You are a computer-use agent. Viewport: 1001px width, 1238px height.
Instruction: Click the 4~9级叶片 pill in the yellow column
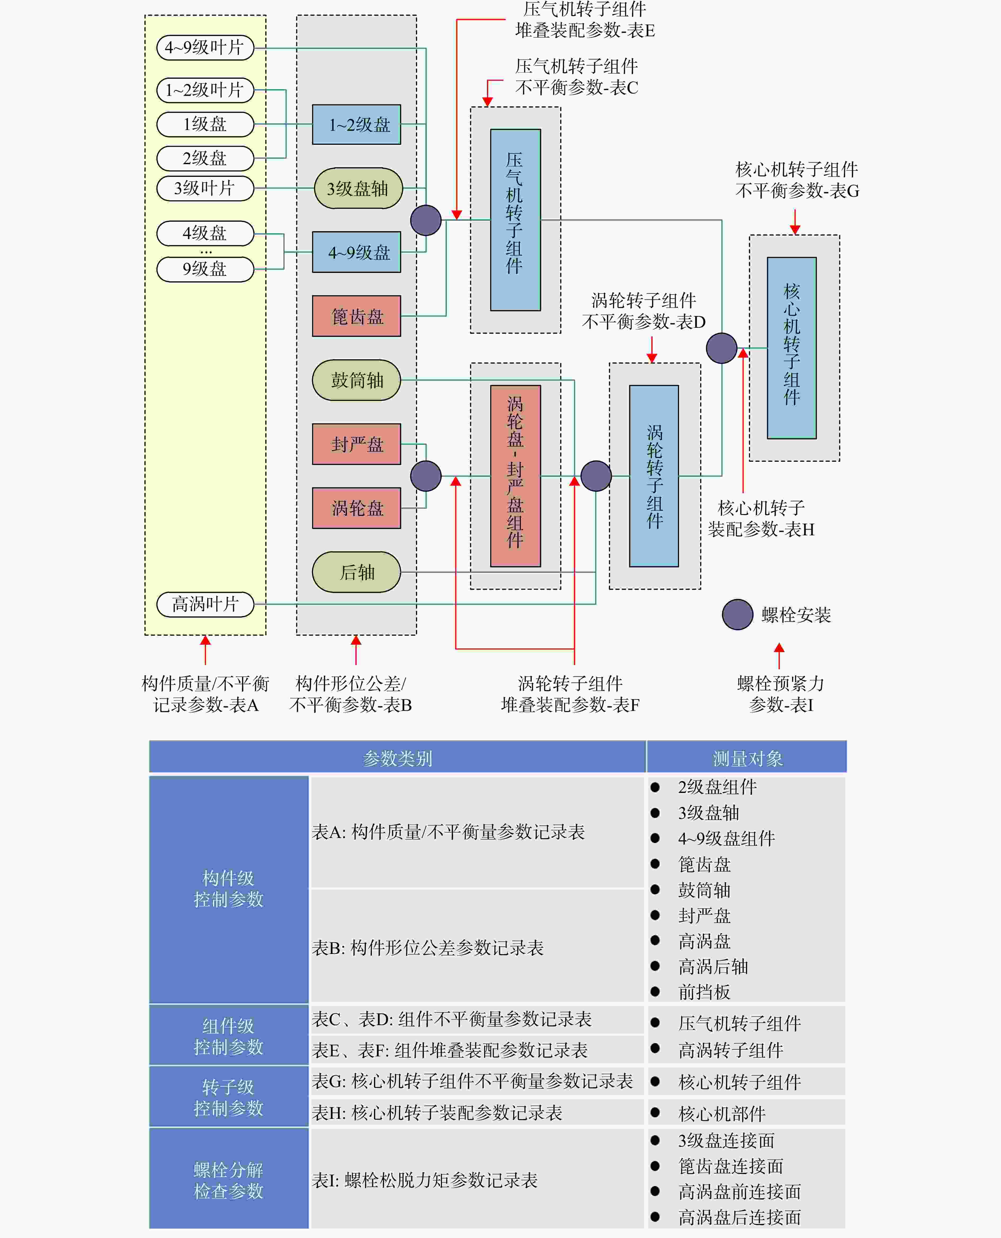pos(205,47)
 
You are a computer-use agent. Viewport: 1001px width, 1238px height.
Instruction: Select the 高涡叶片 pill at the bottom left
pos(205,604)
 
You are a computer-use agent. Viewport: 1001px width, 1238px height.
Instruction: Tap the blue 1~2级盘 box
pos(356,124)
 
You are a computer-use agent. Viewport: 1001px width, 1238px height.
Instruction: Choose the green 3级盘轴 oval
pos(358,189)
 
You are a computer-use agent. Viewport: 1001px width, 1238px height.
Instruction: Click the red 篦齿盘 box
pos(356,316)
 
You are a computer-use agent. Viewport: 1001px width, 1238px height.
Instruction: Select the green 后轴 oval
pos(356,572)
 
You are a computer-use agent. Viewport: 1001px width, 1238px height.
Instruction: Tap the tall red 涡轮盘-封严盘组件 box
pos(516,476)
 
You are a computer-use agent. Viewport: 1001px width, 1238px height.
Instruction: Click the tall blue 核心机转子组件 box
pos(792,348)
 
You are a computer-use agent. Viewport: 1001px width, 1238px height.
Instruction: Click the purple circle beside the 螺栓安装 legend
pos(738,614)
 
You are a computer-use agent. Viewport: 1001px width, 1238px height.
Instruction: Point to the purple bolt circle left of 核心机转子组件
pos(722,348)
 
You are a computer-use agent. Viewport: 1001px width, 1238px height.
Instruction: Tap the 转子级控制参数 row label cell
pos(229,1097)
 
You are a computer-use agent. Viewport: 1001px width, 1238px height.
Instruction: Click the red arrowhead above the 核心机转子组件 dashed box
pos(795,229)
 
